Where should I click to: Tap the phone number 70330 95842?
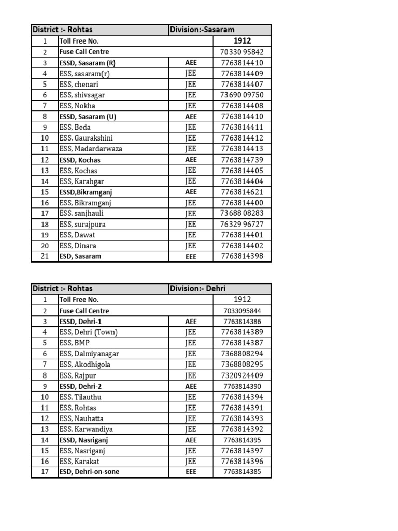click(242, 52)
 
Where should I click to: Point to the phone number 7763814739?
click(242, 160)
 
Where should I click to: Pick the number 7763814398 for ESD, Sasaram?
click(242, 256)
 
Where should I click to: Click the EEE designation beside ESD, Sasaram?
click(191, 256)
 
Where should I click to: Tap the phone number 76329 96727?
click(242, 224)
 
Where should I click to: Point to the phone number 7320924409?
click(242, 375)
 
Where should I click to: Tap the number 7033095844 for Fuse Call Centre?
click(242, 311)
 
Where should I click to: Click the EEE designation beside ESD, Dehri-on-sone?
click(191, 472)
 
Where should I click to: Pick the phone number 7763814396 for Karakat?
click(242, 462)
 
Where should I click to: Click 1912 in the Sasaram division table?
click(242, 40)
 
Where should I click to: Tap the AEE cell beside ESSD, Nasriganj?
click(191, 440)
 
